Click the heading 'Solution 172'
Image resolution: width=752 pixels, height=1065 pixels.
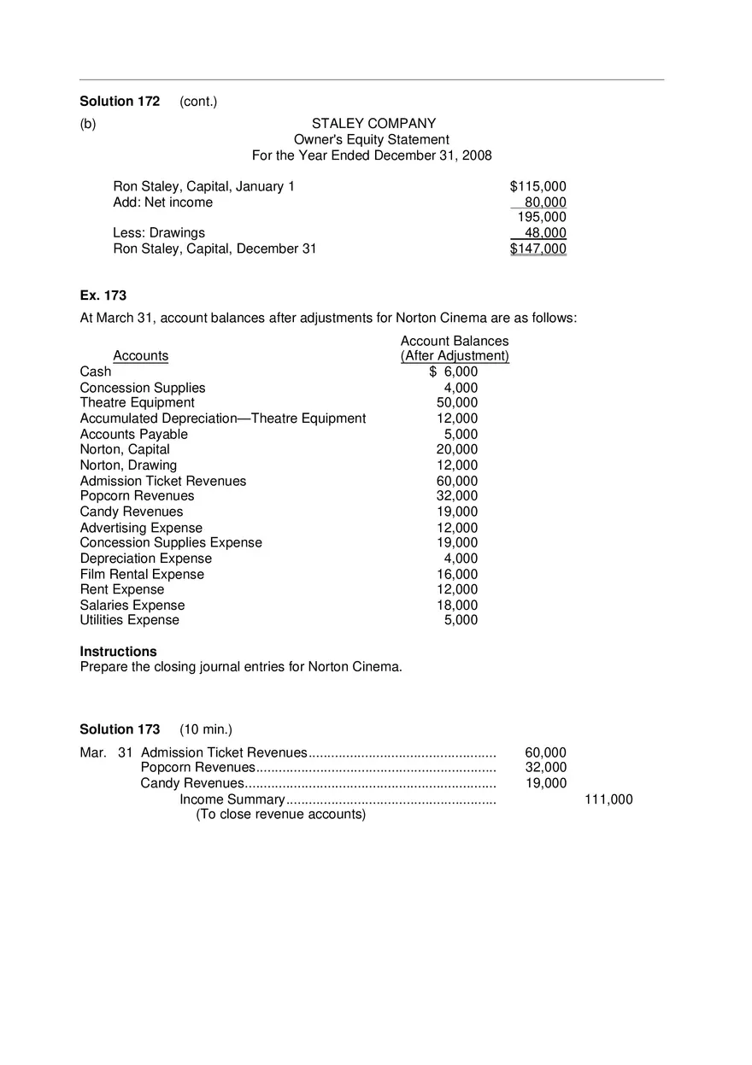[x=120, y=102]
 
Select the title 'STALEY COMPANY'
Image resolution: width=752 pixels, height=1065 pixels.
[x=373, y=124]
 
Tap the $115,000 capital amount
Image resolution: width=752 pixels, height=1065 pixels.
[x=538, y=186]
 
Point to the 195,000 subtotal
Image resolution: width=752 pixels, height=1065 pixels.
[x=542, y=217]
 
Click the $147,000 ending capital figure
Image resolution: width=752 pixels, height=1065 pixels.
[x=538, y=249]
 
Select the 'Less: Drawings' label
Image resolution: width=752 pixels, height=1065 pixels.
[x=159, y=232]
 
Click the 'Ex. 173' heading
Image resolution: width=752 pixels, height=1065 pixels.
[x=103, y=296]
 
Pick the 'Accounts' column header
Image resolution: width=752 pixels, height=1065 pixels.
[x=140, y=356]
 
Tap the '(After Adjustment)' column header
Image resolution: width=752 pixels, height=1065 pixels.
[x=455, y=356]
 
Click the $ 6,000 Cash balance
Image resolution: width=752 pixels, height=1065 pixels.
[x=454, y=372]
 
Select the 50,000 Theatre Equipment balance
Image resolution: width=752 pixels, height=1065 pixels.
[x=457, y=402]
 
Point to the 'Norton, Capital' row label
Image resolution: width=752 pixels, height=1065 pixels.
[x=125, y=449]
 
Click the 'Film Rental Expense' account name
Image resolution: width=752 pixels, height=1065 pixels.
[x=142, y=574]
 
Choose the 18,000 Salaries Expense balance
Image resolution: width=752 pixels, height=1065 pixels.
[x=457, y=605]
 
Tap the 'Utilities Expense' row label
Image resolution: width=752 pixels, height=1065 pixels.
[x=130, y=620]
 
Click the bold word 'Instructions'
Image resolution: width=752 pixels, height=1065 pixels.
[x=118, y=652]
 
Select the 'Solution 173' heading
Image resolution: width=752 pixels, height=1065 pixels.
[x=120, y=729]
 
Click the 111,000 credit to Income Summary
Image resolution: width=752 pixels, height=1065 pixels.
[x=608, y=799]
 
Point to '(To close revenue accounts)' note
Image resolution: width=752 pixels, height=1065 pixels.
[x=280, y=814]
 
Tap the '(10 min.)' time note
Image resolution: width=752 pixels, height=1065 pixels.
[x=206, y=729]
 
